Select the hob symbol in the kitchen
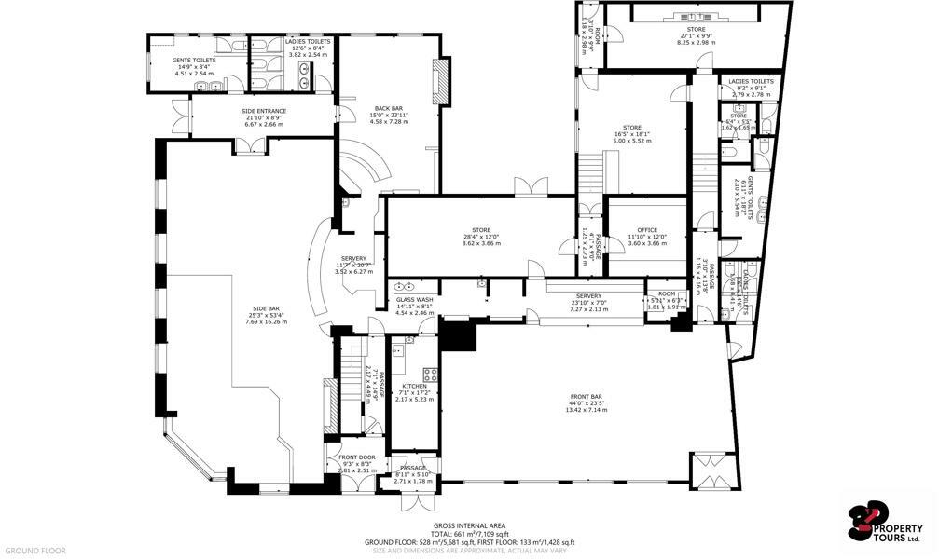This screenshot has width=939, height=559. [430, 375]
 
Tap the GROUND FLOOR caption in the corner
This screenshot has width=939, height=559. [34, 551]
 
